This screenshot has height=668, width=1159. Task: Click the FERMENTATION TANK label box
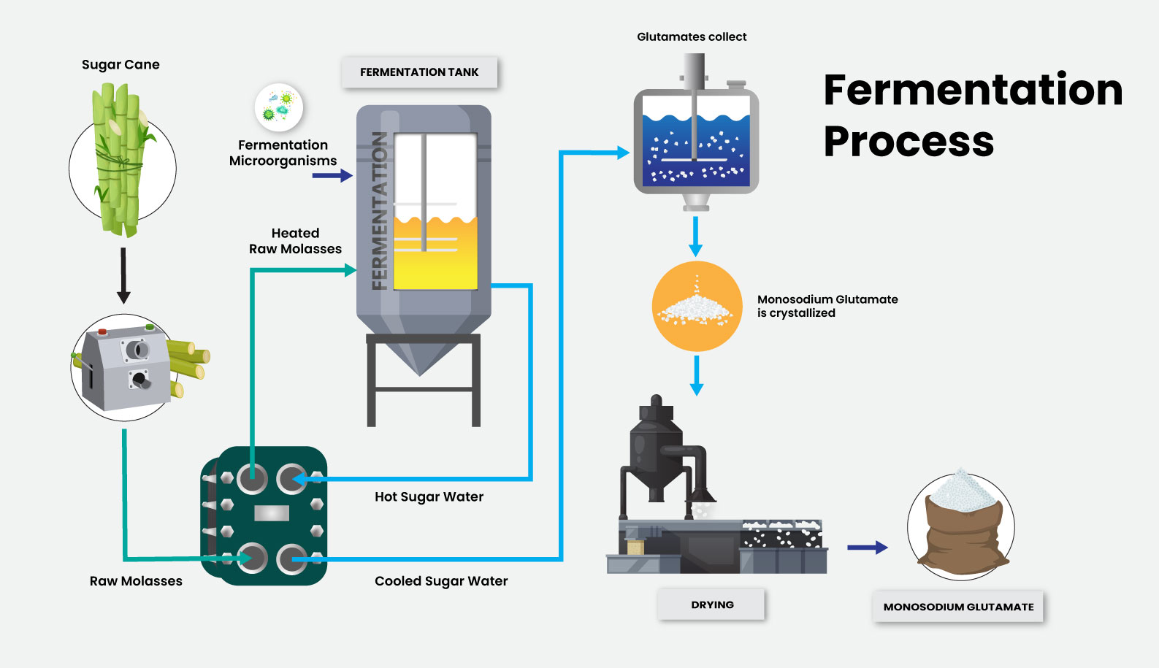coord(419,72)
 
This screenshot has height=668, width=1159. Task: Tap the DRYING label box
coord(712,604)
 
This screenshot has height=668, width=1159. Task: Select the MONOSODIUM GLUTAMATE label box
coord(958,607)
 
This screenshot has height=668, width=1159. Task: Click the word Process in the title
coord(909,141)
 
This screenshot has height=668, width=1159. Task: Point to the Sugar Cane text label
coord(121,64)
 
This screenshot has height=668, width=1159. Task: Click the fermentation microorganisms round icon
coord(279,107)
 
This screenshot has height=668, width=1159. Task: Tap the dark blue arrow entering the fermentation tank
coord(332,176)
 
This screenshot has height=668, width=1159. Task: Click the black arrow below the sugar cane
coord(123,275)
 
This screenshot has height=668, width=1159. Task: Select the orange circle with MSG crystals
coord(696,307)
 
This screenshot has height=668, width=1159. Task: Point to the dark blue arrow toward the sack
coord(867,547)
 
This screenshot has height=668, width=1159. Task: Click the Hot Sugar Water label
coord(429,496)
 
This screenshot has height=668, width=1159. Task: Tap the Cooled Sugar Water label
coord(441,581)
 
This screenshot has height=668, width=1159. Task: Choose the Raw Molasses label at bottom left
coord(136,581)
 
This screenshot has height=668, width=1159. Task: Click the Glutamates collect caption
coord(692,37)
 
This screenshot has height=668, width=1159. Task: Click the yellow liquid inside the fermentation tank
coord(435,256)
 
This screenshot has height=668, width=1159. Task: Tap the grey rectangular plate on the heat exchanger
coord(272,513)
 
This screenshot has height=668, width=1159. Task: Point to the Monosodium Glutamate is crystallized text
coord(827,306)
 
